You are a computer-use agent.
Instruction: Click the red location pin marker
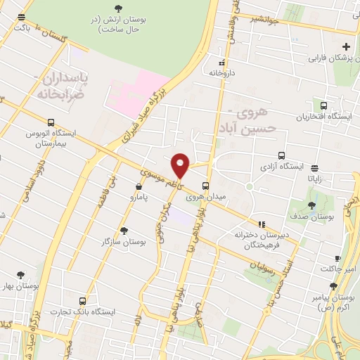click(181, 165)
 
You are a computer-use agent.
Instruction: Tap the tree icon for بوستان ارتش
click(117, 8)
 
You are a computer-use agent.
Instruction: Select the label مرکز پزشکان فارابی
click(330, 56)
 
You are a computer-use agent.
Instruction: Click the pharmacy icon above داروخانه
click(222, 62)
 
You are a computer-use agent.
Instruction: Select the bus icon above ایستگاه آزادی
click(282, 155)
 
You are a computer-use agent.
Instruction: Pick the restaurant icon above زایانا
click(314, 167)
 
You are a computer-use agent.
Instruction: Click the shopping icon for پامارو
click(138, 186)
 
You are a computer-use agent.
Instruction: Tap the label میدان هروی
click(205, 197)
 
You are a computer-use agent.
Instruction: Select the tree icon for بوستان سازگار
click(124, 230)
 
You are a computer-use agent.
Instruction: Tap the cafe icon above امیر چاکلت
click(337, 258)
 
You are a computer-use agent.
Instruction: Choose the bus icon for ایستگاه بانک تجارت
click(84, 300)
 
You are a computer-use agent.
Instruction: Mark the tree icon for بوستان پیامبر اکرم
click(333, 286)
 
